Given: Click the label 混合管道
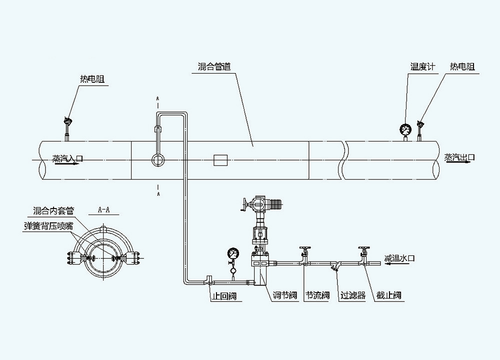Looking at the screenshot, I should point(214,66).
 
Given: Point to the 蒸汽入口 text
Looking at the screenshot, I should point(67,158).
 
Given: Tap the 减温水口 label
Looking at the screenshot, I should point(400,258).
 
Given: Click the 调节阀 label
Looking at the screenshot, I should point(285,296).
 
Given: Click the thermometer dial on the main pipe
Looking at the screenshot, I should point(404,129).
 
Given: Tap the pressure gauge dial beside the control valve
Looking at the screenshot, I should point(232,252).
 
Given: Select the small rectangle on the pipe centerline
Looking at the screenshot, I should point(220,160).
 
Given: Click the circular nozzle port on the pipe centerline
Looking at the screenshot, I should point(158,160).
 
